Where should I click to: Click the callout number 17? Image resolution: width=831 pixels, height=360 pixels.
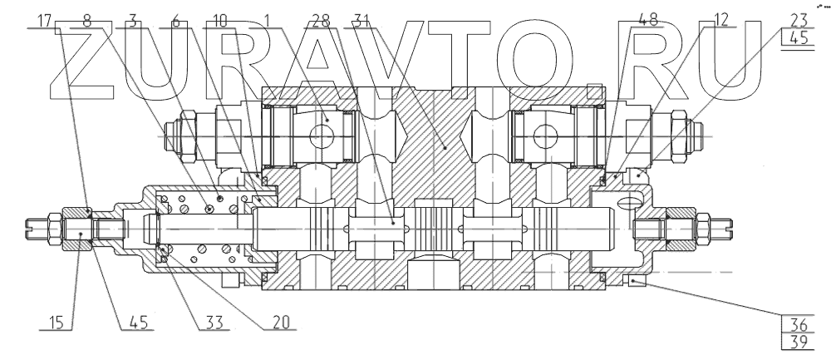pos(44,20)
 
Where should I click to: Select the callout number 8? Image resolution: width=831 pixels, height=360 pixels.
pos(88,20)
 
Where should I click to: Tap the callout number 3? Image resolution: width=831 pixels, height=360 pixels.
pos(133,20)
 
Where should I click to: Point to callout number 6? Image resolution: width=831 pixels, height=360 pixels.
pos(175,20)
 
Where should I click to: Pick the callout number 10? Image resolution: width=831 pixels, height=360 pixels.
pos(219,20)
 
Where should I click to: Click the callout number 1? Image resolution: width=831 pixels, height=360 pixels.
pos(268,20)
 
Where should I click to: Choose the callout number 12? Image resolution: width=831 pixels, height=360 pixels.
pos(720,21)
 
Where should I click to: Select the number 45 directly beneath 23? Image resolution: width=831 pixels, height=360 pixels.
pos(797,38)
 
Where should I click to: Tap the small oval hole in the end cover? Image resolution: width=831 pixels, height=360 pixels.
pos(630,200)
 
